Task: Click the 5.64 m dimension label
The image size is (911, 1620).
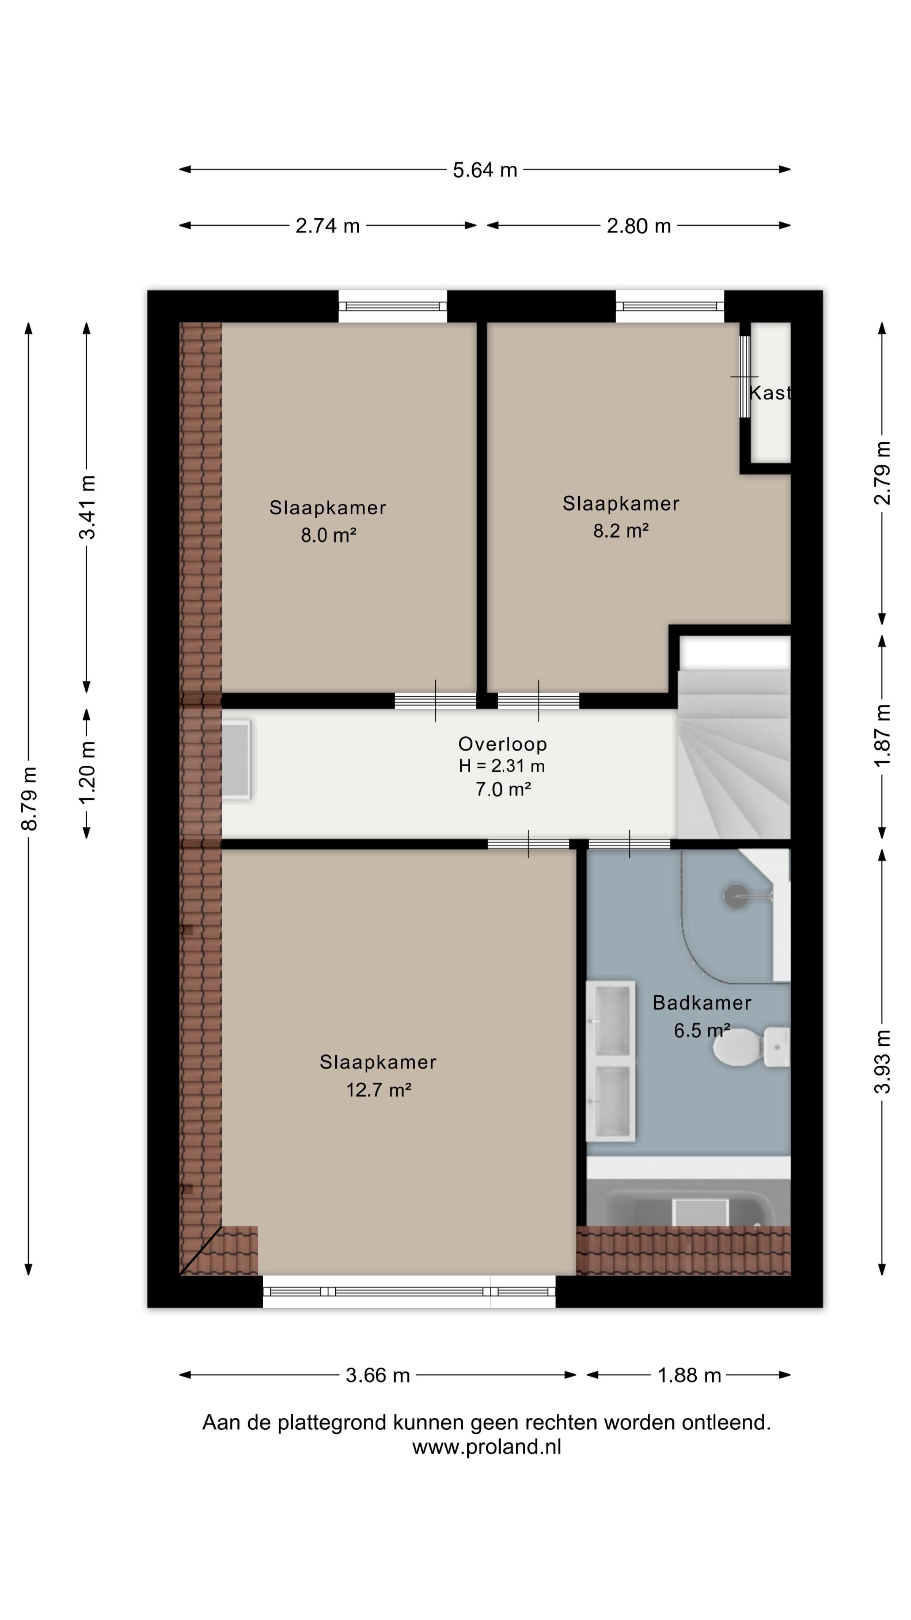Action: click(485, 170)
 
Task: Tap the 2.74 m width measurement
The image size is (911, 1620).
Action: click(328, 226)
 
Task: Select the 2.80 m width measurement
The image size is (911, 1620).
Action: click(639, 226)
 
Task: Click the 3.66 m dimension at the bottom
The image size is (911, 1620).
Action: click(378, 1375)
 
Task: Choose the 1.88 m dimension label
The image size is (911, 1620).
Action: click(689, 1375)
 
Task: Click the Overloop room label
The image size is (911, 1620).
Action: click(502, 744)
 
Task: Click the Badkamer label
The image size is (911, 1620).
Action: click(702, 1002)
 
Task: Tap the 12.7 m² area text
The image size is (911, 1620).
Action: click(378, 1089)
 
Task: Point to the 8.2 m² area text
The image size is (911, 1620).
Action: click(620, 531)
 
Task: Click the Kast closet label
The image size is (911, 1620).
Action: click(770, 393)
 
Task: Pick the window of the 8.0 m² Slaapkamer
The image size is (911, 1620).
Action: click(393, 306)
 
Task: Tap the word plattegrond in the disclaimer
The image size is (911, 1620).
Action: click(332, 1423)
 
